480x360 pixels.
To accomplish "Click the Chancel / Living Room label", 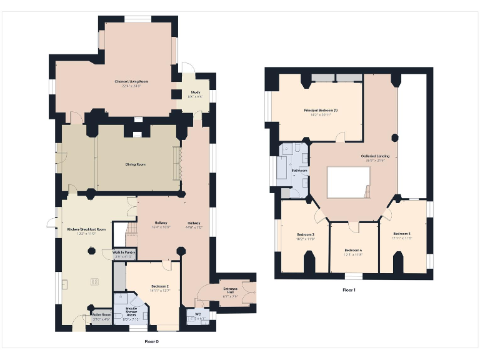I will click(x=131, y=81).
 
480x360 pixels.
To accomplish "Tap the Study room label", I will click(x=187, y=93).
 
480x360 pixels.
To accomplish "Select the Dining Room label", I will click(x=136, y=164).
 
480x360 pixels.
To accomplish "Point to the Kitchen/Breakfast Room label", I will click(x=86, y=229).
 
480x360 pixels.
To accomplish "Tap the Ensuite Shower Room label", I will click(x=132, y=311).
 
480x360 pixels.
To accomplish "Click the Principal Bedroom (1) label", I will click(x=321, y=111).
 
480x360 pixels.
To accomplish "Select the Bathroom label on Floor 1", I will click(x=299, y=170).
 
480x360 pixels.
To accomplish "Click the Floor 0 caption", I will click(x=152, y=342).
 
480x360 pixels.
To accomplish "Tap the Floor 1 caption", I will click(x=349, y=290).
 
